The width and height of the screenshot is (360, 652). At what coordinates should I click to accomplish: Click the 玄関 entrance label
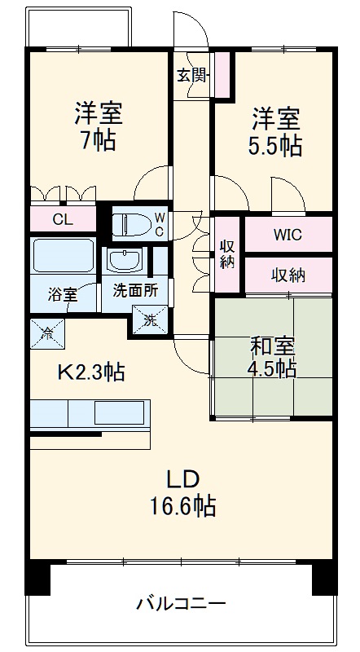coord(193,75)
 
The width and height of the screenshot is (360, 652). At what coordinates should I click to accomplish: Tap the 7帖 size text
coord(98,140)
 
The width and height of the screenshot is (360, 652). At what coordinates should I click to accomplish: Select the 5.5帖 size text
coord(274,146)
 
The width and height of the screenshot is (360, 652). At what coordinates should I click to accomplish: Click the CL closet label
coord(63,218)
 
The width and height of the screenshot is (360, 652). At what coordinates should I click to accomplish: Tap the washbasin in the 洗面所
coord(125,261)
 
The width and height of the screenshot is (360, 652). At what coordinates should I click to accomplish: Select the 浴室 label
coord(62,294)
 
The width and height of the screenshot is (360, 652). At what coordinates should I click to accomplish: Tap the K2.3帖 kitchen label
coord(90,373)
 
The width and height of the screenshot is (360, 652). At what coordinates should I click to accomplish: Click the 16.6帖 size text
coord(182,508)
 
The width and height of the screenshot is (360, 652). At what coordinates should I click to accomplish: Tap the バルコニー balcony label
coord(181,605)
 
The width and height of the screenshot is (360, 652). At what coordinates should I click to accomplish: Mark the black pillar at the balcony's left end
coord(38,577)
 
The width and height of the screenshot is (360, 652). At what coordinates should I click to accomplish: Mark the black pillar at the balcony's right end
coord(324,577)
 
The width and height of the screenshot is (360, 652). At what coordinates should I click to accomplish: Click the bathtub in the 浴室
coord(62,258)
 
